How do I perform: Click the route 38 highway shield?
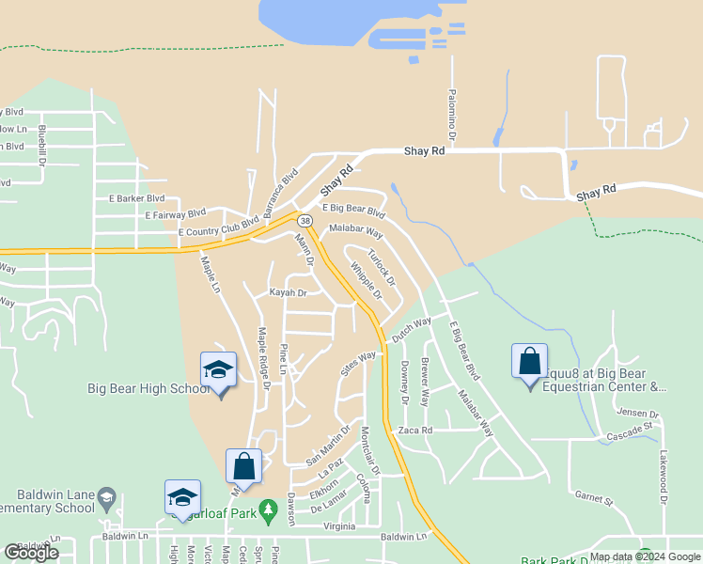pyautogui.click(x=305, y=220)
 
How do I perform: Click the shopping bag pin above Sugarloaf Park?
pyautogui.click(x=243, y=466)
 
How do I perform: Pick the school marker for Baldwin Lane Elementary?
pyautogui.click(x=182, y=498)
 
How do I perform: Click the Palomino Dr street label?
pyautogui.click(x=452, y=121)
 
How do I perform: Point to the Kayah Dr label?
pyautogui.click(x=289, y=293)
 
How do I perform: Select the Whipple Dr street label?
pyautogui.click(x=366, y=281)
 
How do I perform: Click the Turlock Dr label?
pyautogui.click(x=382, y=269)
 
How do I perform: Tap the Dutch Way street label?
pyautogui.click(x=411, y=329)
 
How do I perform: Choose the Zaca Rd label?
pyautogui.click(x=414, y=430)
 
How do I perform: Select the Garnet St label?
pyautogui.click(x=594, y=497)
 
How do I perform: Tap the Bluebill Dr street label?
pyautogui.click(x=42, y=146)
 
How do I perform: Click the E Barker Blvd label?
pyautogui.click(x=136, y=198)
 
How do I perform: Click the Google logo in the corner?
pyautogui.click(x=31, y=553)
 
